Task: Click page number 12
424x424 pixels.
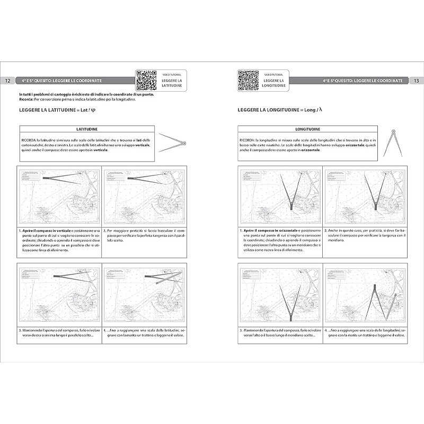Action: click(x=8, y=81)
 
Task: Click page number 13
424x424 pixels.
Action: click(x=416, y=81)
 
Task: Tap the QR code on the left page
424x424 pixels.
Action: click(x=147, y=80)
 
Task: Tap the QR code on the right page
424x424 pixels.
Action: click(x=248, y=80)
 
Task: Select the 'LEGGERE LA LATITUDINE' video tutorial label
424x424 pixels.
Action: click(x=172, y=82)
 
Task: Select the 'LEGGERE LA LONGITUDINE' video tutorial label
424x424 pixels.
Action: click(x=274, y=82)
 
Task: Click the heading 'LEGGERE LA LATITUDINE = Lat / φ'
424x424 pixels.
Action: click(x=57, y=110)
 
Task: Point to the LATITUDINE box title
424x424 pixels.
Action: click(x=86, y=129)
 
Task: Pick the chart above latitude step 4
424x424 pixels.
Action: click(x=145, y=294)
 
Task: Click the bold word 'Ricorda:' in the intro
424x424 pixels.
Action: click(x=25, y=99)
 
